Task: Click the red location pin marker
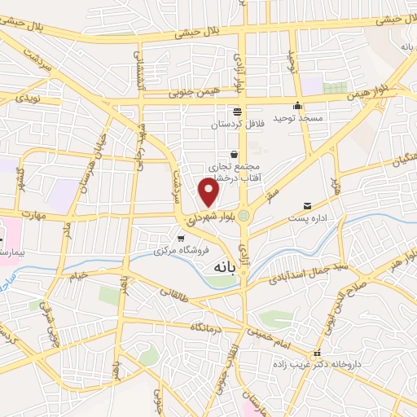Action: click(x=209, y=192)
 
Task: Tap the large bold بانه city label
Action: click(x=228, y=266)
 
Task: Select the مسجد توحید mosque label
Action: click(x=298, y=119)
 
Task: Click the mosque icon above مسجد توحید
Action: click(x=298, y=105)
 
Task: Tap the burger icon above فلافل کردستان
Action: click(x=236, y=112)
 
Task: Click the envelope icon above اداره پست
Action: click(x=307, y=205)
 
